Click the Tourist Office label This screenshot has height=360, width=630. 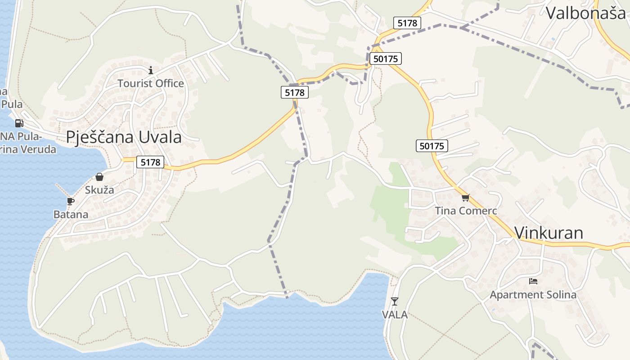pyautogui.click(x=151, y=83)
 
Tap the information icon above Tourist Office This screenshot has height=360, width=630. pyautogui.click(x=151, y=70)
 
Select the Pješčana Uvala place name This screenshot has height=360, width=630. pyautogui.click(x=124, y=137)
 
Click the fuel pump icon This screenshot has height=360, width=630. pyautogui.click(x=19, y=123)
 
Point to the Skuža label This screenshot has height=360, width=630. pyautogui.click(x=99, y=190)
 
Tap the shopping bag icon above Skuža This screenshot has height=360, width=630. pyautogui.click(x=99, y=177)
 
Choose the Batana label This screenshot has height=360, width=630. pyautogui.click(x=71, y=214)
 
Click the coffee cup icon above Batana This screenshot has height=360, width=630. pyautogui.click(x=70, y=201)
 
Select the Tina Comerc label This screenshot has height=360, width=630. pyautogui.click(x=466, y=211)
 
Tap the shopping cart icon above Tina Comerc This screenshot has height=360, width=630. pyautogui.click(x=465, y=198)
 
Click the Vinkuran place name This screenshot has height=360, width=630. pyautogui.click(x=549, y=233)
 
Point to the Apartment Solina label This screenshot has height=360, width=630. pyautogui.click(x=533, y=295)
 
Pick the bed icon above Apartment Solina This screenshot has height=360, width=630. pyautogui.click(x=533, y=282)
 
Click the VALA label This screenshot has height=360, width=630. pyautogui.click(x=395, y=315)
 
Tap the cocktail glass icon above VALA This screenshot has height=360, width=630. pyautogui.click(x=395, y=301)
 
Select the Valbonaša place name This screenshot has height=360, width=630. pyautogui.click(x=585, y=13)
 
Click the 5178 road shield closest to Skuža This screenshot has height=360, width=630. pyautogui.click(x=150, y=162)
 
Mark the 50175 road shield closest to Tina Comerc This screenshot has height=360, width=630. pyautogui.click(x=432, y=145)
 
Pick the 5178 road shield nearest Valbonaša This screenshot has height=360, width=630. pyautogui.click(x=407, y=23)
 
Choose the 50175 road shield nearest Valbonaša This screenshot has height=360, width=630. pyautogui.click(x=385, y=58)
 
